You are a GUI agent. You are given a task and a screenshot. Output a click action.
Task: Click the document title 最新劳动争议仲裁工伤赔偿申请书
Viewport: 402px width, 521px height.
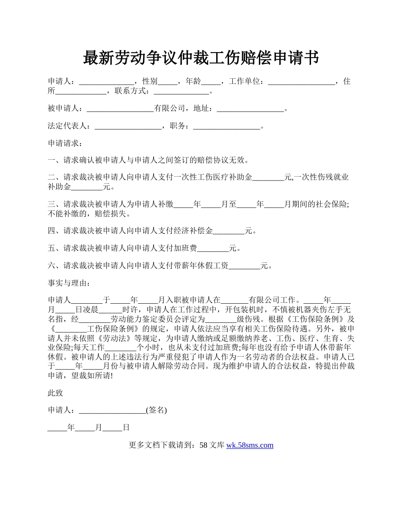coord(201,58)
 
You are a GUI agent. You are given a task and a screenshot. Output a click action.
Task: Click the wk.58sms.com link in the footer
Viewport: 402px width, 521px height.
coord(250,445)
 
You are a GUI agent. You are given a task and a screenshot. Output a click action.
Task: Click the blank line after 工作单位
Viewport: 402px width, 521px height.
coord(301,82)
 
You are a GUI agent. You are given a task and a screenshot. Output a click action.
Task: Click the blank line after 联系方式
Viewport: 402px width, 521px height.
coord(182,91)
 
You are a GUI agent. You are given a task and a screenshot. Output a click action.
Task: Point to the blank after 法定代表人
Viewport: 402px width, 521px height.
coord(128,126)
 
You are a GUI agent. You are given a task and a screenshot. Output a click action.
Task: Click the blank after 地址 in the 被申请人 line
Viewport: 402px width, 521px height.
coord(250,109)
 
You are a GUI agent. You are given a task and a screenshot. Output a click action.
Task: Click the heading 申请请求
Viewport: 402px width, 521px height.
coord(63,144)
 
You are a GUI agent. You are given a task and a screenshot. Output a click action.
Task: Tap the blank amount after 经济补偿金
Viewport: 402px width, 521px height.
coord(229,231)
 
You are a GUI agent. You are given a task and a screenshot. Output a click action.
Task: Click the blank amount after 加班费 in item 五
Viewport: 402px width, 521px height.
coord(213,248)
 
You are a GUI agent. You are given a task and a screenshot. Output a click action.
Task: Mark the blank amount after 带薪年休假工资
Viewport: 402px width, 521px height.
coord(244,266)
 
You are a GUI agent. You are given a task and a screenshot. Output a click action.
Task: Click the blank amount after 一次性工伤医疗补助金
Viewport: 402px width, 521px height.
coord(268,177)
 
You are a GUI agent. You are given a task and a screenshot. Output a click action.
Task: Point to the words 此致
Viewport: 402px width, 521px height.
coord(55,393)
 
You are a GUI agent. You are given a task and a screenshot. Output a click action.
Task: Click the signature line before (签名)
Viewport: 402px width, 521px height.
coord(112,410)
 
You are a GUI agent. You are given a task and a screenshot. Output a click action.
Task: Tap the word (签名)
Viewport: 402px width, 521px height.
coord(156,410)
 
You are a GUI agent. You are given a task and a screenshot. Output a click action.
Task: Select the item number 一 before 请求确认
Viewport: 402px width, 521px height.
coord(52,160)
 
